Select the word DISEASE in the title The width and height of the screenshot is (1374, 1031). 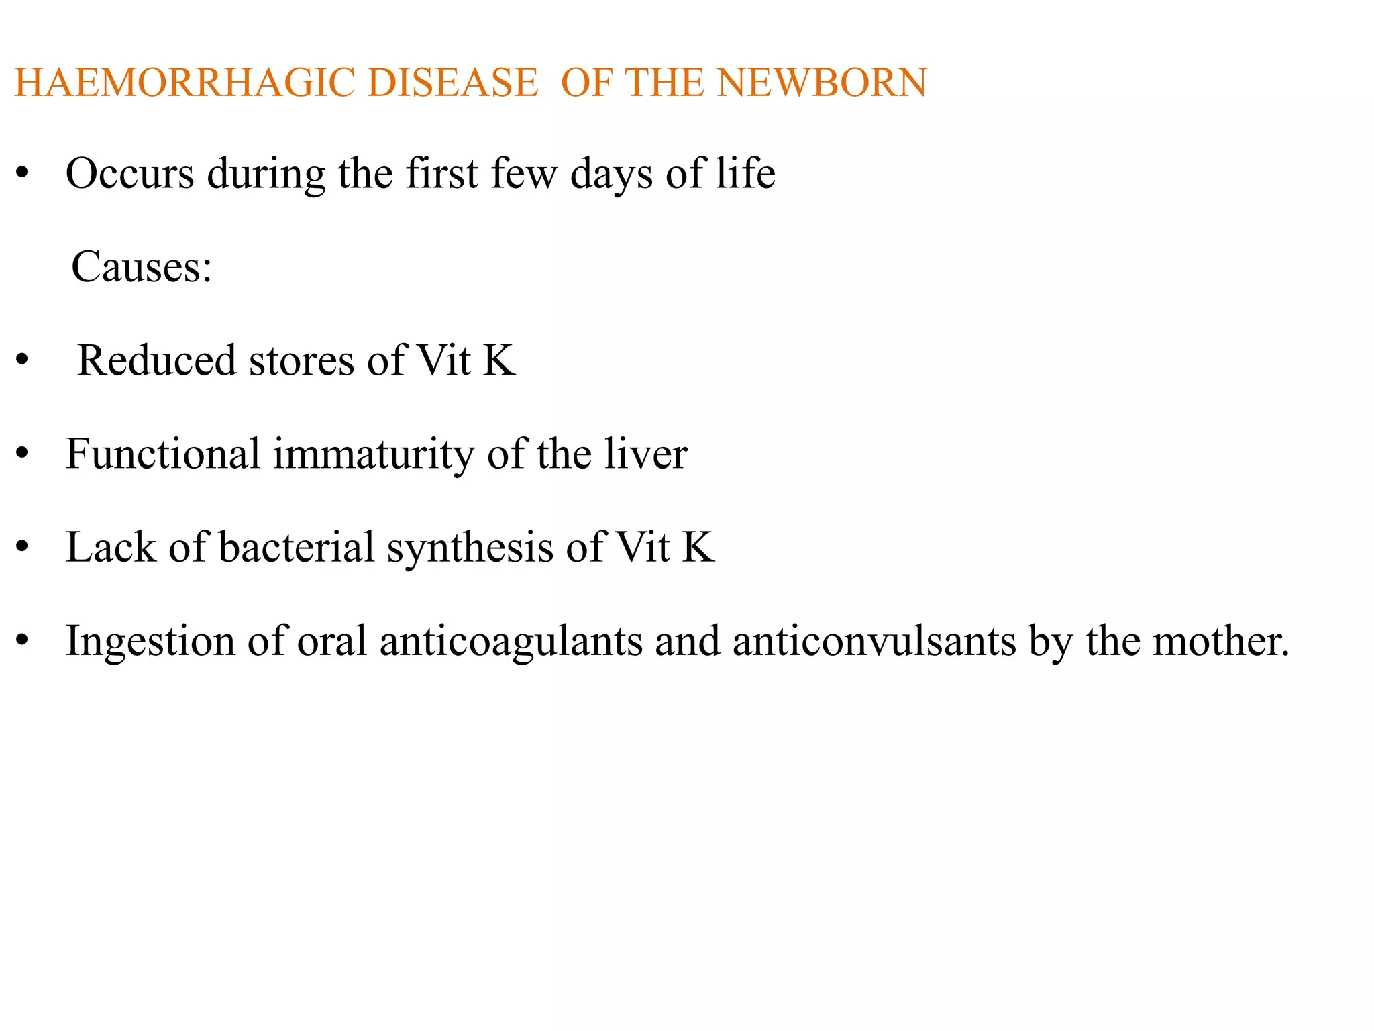453,83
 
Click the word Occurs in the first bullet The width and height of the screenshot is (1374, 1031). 129,174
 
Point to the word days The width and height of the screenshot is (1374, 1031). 611,174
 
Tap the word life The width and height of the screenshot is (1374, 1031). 745,174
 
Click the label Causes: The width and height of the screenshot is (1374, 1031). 142,267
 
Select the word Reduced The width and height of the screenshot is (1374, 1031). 156,360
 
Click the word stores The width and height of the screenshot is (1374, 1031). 301,360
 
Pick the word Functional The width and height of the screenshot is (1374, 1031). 163,454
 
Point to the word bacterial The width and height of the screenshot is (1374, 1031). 296,547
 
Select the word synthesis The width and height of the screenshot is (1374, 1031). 470,548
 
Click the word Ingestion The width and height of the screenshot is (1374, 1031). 150,642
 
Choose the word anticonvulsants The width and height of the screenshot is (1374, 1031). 874,641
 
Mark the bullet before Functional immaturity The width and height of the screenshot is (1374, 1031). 22,454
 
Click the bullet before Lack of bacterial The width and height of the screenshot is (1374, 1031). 22,548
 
